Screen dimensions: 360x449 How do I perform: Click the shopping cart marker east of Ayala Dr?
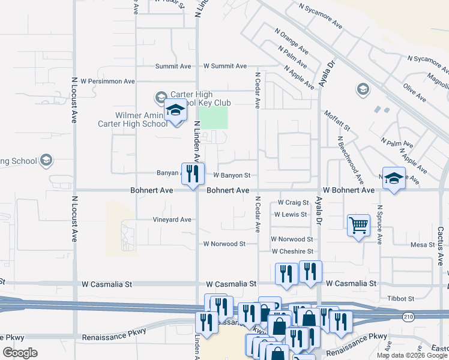pos(358,226)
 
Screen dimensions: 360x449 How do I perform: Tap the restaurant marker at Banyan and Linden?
pos(193,175)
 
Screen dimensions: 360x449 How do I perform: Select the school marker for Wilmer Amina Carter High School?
pos(175,112)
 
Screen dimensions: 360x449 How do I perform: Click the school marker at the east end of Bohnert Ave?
pos(393,179)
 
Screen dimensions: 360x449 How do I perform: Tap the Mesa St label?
pos(423,245)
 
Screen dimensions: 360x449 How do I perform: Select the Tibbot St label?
pos(402,298)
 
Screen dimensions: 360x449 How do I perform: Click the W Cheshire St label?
pos(292,251)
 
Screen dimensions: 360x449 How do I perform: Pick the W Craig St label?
pos(293,203)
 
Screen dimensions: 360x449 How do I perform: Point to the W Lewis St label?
pos(291,214)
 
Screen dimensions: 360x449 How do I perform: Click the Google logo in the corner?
pos(20,353)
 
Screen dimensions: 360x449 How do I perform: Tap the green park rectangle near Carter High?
pos(213,117)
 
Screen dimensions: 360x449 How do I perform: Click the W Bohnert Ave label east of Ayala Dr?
pos(348,190)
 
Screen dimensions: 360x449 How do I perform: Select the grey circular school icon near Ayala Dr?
pos(362,90)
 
